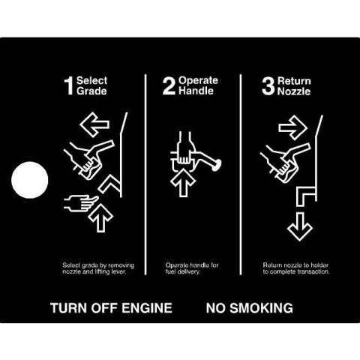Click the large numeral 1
(x=69, y=85)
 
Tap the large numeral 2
(x=169, y=85)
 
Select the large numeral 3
(x=268, y=86)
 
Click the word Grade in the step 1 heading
(x=91, y=91)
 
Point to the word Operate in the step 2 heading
(x=198, y=80)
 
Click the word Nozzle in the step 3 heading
(x=294, y=91)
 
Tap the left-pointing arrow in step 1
(x=94, y=124)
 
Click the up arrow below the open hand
(x=100, y=217)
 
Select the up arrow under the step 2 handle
(x=183, y=182)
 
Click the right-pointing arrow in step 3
(x=293, y=127)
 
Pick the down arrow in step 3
(x=300, y=226)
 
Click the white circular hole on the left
(x=30, y=180)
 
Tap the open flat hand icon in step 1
(x=80, y=202)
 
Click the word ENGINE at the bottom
(x=147, y=307)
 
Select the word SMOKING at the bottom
(x=261, y=307)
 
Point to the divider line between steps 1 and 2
(x=145, y=174)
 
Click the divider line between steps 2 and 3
(x=241, y=174)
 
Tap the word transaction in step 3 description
(x=313, y=271)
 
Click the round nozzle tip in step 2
(x=217, y=165)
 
